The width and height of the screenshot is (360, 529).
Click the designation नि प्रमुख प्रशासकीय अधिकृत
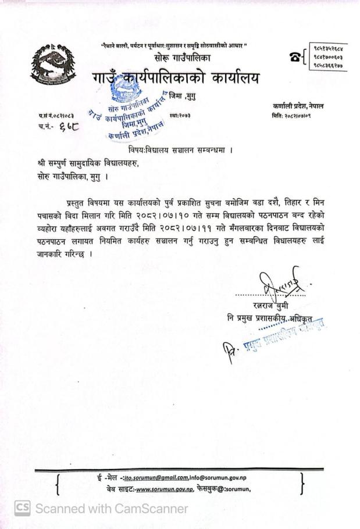(273, 319)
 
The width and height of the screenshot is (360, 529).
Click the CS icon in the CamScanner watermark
(23, 509)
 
